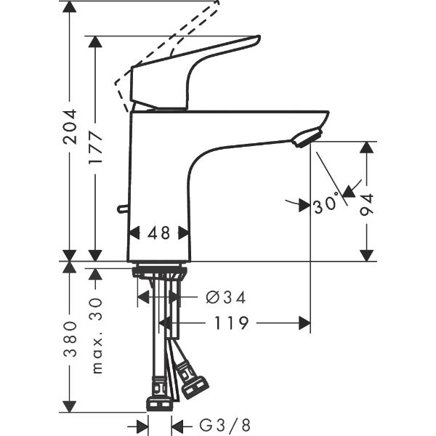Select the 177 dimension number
pos(95,148)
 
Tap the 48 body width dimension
pos(158,233)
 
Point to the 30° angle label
pos(326,204)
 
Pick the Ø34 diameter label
pos(225,296)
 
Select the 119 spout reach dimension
pos(232,322)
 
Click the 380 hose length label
pos(70,341)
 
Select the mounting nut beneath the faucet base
pos(159,273)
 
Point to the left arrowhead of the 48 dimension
pos(134,233)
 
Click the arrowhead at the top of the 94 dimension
pos(367,147)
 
